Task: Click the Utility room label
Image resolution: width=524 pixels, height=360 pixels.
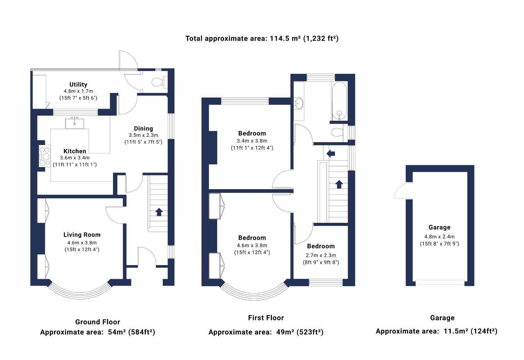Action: [78, 84]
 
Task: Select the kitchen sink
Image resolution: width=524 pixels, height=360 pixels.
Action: [74, 123]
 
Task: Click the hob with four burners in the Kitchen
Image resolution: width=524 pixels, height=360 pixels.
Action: [45, 156]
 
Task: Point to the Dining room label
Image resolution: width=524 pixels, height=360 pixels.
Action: [143, 128]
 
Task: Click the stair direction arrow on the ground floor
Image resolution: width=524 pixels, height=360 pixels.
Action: [159, 212]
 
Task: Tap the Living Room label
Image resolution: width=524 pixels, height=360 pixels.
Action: [82, 235]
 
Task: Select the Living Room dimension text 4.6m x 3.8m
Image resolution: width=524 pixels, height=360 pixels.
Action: [82, 243]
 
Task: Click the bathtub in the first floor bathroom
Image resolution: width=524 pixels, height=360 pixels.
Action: [339, 101]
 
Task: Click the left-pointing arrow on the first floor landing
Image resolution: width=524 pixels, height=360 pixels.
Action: [331, 153]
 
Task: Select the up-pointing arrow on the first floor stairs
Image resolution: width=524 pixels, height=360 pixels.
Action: [339, 184]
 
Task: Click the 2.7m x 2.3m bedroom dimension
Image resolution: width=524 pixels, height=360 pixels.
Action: [321, 256]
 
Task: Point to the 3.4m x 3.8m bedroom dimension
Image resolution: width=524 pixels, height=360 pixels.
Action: [252, 141]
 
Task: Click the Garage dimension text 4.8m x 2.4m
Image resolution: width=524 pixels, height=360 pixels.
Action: [440, 237]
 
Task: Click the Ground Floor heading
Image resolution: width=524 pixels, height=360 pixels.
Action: [98, 322]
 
